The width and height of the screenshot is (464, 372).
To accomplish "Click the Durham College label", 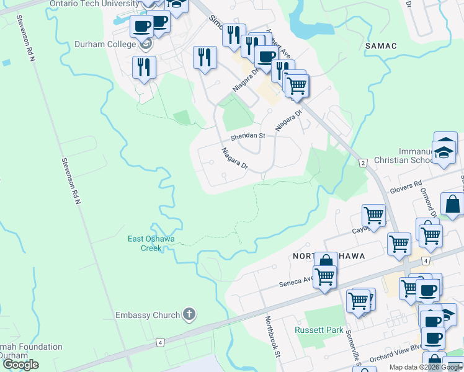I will [105, 44].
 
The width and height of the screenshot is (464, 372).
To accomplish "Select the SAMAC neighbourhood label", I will [381, 46].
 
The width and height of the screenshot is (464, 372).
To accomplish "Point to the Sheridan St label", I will [248, 136].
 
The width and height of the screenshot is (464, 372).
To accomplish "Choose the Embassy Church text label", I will [148, 315].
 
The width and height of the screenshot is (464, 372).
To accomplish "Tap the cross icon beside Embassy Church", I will [190, 315].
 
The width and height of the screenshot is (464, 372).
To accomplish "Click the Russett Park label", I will [319, 330].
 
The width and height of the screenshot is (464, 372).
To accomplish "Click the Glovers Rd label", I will [406, 186].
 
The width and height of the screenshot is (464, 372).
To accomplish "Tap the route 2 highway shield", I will [363, 162].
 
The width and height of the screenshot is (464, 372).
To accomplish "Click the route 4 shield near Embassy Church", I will [160, 343].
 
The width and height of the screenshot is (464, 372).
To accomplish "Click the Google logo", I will [20, 365].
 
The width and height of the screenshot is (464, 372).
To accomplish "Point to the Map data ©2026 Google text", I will [426, 367].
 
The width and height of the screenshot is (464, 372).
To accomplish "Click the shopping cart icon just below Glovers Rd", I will [374, 216].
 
